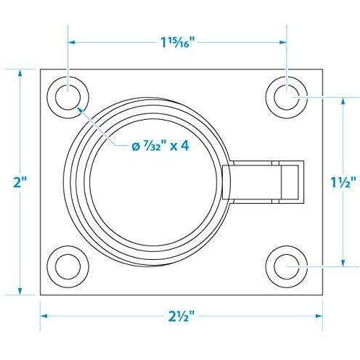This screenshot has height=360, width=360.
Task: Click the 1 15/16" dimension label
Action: coord(178,42)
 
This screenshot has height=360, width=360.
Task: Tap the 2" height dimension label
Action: coord(21,182)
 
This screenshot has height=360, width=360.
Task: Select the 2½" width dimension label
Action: coord(181,316)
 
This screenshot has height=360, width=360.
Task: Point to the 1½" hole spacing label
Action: coord(343,182)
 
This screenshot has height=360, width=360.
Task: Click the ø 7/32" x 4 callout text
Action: coord(160,146)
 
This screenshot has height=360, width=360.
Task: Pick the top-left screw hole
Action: coord(67,97)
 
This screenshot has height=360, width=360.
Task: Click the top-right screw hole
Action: coord(287,97)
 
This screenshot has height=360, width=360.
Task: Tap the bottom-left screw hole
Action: coord(67,266)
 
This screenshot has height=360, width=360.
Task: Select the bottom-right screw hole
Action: coord(287,266)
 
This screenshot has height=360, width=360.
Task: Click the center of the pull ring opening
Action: coord(153,182)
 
